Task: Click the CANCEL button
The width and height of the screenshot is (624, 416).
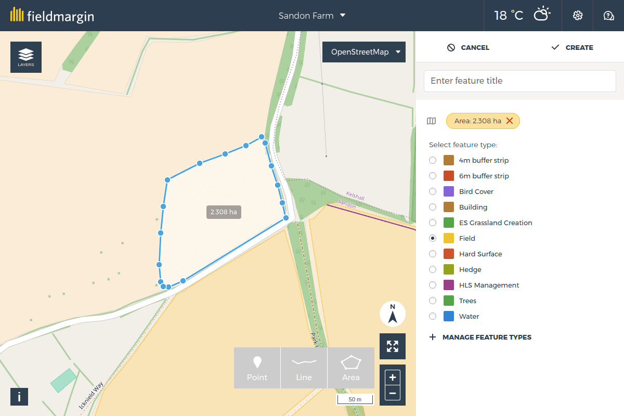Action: click(x=468, y=47)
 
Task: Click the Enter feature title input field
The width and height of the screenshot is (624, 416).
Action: click(x=520, y=81)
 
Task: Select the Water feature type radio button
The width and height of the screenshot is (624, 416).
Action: click(x=433, y=316)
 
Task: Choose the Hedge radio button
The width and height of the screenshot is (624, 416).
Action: click(x=433, y=269)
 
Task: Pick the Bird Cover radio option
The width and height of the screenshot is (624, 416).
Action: click(x=433, y=191)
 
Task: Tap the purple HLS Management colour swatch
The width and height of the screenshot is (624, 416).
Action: click(x=449, y=285)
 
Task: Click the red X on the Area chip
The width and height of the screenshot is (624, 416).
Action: click(x=510, y=121)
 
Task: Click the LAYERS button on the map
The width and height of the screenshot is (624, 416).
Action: click(x=26, y=57)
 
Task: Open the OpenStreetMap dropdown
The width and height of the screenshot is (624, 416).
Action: click(x=364, y=52)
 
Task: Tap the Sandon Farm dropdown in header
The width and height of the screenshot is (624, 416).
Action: click(x=312, y=16)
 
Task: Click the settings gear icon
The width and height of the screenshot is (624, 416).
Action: click(x=577, y=16)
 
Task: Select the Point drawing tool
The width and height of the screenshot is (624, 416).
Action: click(x=257, y=368)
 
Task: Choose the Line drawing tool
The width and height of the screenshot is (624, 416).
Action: click(x=304, y=368)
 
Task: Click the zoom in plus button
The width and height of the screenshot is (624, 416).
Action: click(x=393, y=377)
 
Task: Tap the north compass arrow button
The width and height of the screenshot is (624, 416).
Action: click(x=393, y=314)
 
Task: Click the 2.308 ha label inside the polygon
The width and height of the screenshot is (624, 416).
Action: click(x=224, y=212)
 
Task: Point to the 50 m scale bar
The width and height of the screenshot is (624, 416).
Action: click(x=355, y=399)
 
